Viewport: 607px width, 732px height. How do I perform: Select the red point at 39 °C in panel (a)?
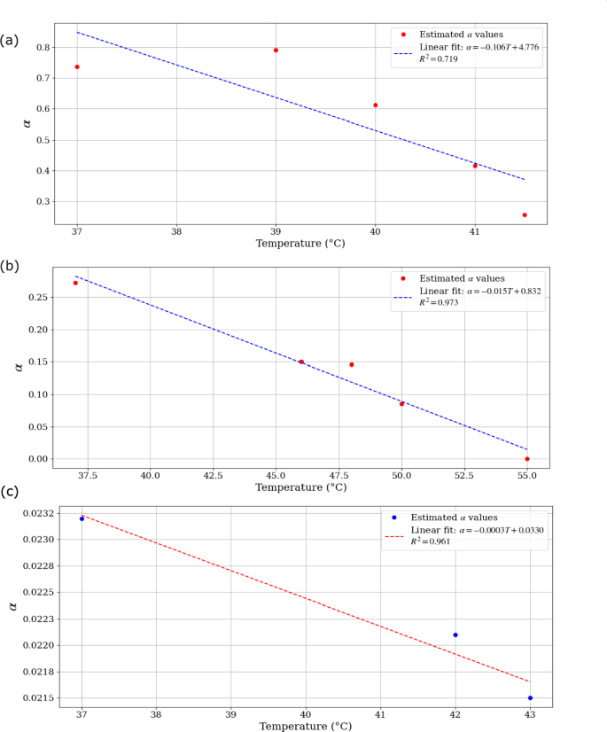click(276, 51)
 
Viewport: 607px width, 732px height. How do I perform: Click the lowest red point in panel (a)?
click(525, 215)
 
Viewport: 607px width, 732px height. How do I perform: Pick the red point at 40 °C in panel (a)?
click(376, 105)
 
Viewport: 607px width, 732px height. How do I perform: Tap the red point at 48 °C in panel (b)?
click(352, 364)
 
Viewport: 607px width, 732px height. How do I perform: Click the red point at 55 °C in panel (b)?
click(527, 459)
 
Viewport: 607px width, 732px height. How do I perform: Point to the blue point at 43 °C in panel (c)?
click(530, 697)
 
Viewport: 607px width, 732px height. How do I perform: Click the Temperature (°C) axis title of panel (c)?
click(305, 726)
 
